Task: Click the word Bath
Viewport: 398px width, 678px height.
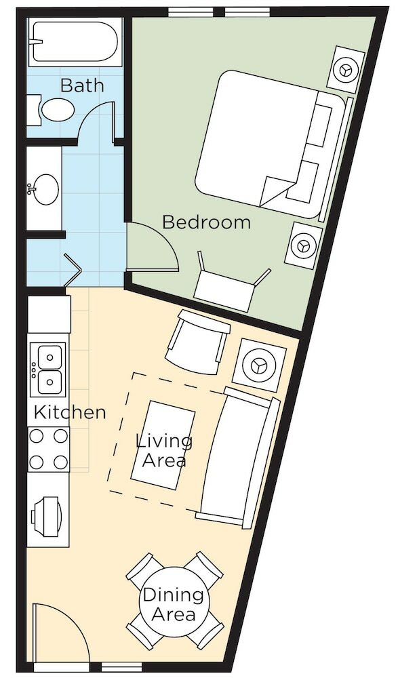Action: click(x=82, y=85)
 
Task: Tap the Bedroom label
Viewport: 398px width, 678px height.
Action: click(x=206, y=222)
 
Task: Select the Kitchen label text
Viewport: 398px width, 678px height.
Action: click(x=70, y=412)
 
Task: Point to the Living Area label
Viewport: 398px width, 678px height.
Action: click(x=164, y=451)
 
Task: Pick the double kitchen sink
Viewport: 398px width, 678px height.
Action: click(x=48, y=370)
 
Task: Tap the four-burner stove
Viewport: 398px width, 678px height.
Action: click(x=48, y=450)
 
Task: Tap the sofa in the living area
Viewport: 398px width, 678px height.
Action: click(x=239, y=458)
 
